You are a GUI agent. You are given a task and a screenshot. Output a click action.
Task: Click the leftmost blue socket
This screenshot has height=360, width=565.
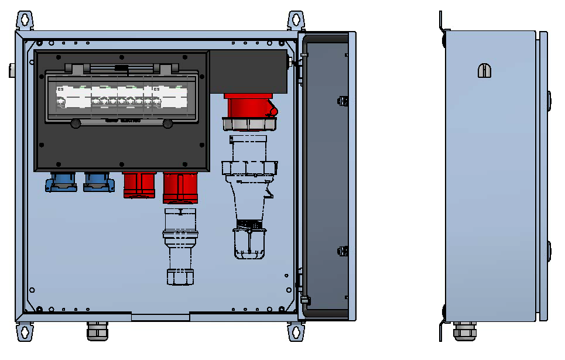(x=61, y=182)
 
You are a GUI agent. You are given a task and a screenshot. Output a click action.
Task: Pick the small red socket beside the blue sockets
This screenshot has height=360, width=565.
(x=139, y=184)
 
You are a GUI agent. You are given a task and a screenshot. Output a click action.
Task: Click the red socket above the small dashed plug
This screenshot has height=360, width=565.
(x=179, y=187)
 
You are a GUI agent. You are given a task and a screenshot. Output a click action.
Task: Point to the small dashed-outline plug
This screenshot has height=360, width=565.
(x=179, y=246)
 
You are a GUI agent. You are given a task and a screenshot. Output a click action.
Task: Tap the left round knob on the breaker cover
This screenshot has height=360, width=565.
(x=76, y=124)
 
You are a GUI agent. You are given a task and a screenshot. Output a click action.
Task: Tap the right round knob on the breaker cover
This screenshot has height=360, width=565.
(x=168, y=124)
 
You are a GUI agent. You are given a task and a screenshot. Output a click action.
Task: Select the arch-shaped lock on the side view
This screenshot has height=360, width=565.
(x=485, y=70)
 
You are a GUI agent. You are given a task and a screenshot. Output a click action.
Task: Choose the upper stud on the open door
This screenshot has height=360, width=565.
(x=343, y=100)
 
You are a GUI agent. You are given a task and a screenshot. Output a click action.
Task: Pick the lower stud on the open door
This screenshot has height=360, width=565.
(x=343, y=252)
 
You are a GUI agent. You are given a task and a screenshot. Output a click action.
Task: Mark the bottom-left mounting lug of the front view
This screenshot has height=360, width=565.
(x=25, y=331)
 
